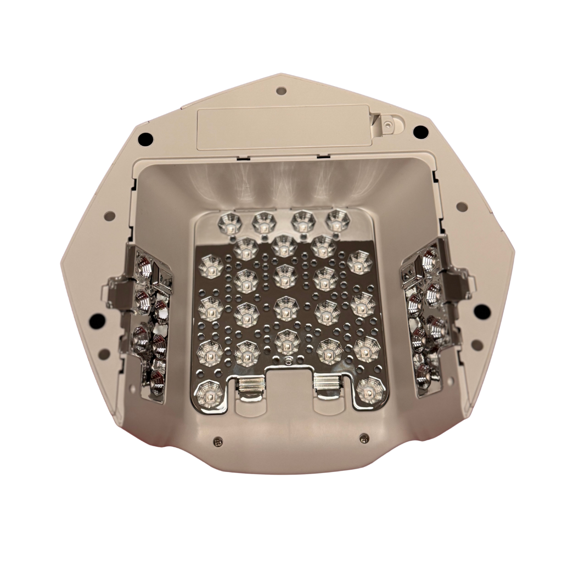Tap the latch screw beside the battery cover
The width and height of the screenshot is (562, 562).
388,126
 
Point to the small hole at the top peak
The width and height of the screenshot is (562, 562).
281,91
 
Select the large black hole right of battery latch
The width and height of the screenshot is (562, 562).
420,132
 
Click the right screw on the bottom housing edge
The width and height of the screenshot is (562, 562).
363,437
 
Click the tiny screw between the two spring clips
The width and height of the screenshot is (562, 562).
289,360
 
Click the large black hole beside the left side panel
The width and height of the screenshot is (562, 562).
97,318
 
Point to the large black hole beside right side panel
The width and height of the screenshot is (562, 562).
482,312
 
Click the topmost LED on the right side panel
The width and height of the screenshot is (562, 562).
429,256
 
